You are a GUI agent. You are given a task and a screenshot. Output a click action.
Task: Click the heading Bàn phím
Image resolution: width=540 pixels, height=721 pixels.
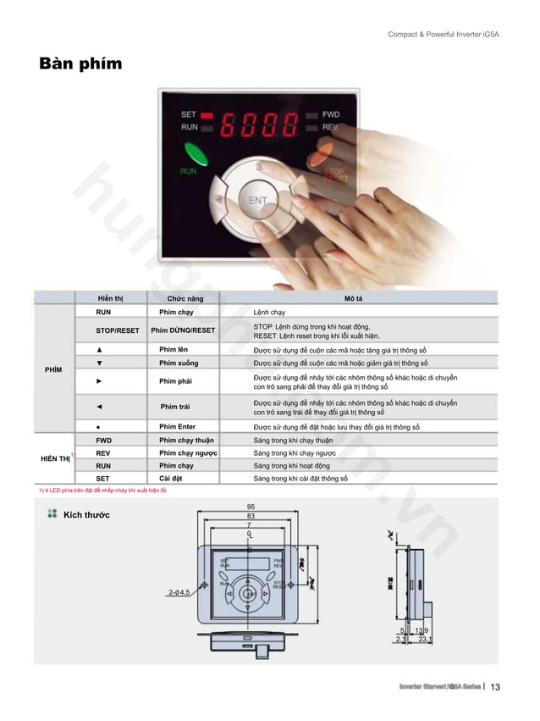pyautogui.click(x=80, y=64)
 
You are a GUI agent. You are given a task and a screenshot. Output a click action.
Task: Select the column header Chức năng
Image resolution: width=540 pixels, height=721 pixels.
pyautogui.click(x=185, y=298)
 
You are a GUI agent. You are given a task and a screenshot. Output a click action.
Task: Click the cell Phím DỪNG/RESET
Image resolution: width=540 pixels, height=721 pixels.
pyautogui.click(x=183, y=330)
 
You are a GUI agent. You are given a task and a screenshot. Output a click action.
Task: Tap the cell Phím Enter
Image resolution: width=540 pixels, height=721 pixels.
pyautogui.click(x=178, y=427)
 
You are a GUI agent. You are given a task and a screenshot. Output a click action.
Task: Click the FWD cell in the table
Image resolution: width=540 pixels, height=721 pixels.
pyautogui.click(x=103, y=441)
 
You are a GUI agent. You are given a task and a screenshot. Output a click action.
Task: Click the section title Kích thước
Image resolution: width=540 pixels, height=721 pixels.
pyautogui.click(x=87, y=514)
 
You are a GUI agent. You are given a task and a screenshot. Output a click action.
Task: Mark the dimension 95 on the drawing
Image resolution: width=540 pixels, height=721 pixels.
pyautogui.click(x=250, y=507)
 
